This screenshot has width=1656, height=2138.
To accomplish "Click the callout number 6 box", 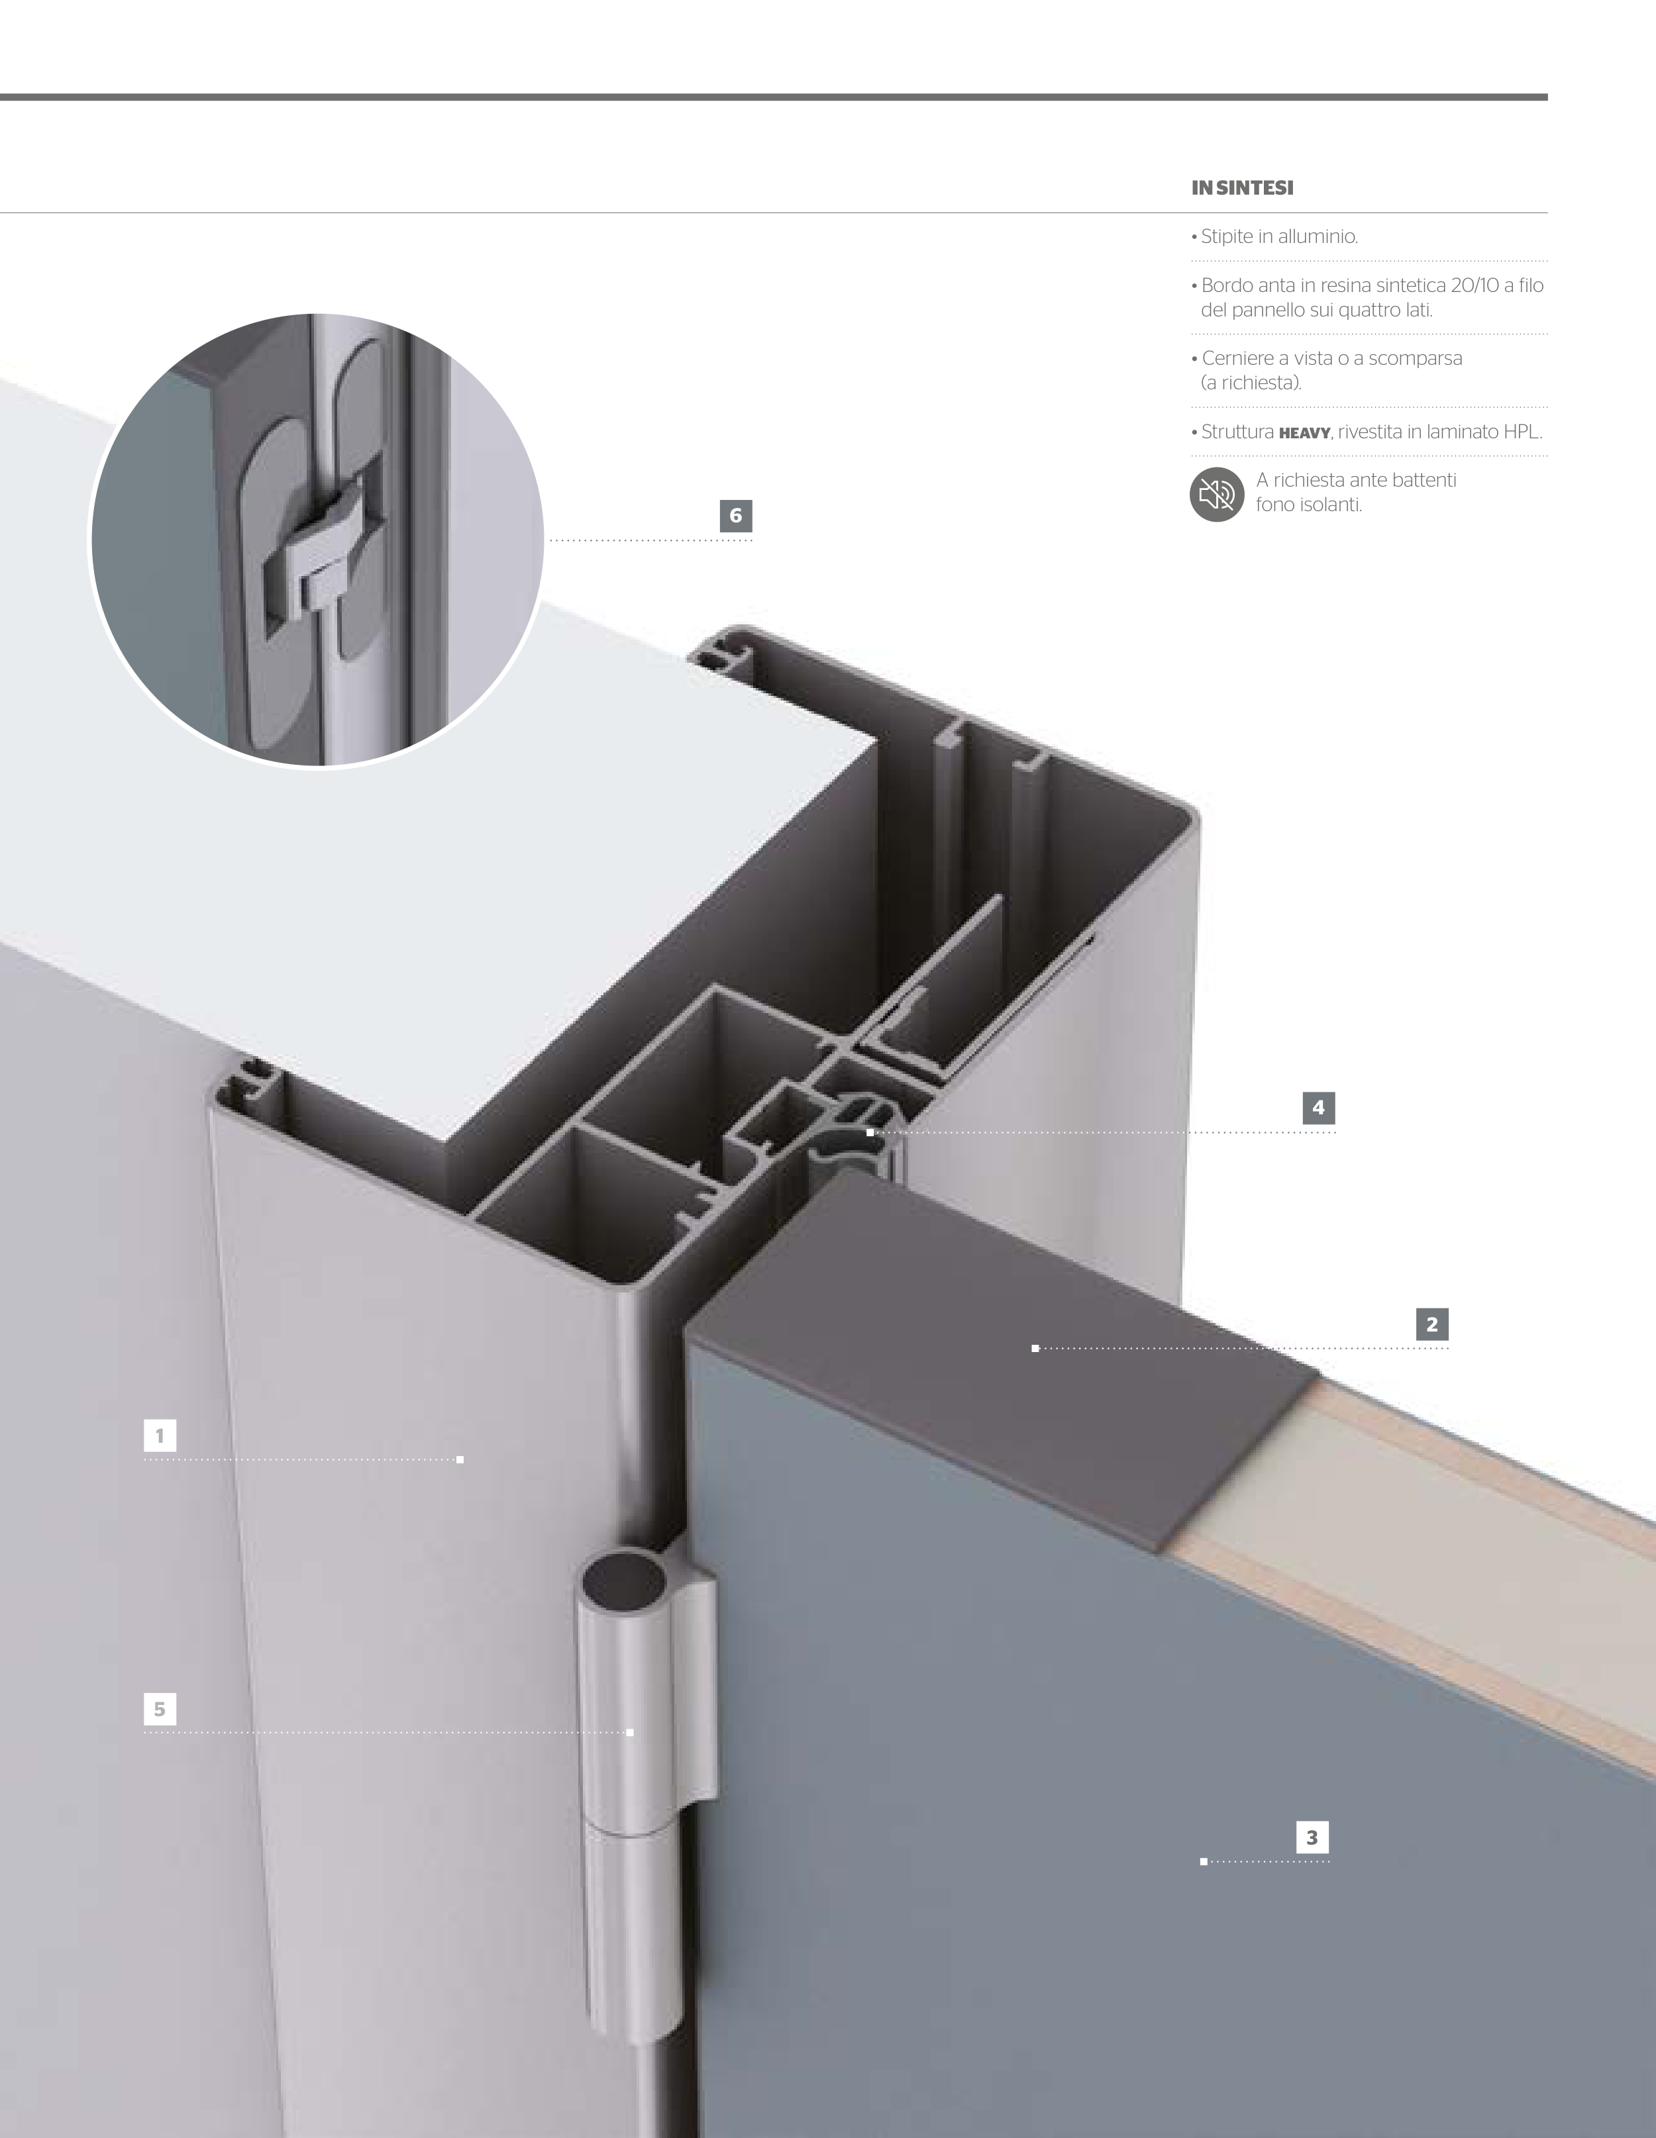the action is [735, 516].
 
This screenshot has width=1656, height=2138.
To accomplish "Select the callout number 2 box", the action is [1431, 1324].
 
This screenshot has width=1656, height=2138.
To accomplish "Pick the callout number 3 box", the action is [1312, 1837].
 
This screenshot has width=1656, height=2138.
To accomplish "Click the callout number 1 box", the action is [160, 1436].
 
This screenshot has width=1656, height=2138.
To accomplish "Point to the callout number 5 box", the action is [160, 1709].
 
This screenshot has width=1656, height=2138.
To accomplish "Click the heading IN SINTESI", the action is [1242, 188].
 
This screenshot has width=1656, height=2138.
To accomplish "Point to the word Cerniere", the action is [1237, 358].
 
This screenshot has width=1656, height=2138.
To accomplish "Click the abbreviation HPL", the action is [1523, 432].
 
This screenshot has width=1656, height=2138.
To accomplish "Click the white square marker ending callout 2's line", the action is [1035, 1349].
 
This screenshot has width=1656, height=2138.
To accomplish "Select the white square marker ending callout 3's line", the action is [1204, 1862].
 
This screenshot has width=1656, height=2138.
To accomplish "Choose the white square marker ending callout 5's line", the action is [630, 1733].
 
